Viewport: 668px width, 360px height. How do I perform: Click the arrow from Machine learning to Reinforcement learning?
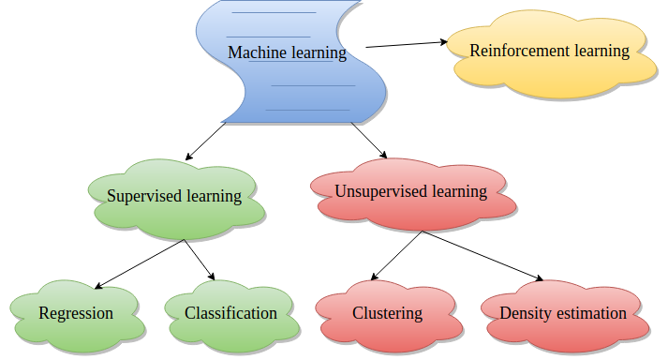(x=408, y=43)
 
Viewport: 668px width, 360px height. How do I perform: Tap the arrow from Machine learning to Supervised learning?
(x=208, y=141)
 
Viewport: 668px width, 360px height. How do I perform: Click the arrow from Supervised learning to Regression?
(x=141, y=263)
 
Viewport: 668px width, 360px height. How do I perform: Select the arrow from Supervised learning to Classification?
(x=200, y=261)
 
